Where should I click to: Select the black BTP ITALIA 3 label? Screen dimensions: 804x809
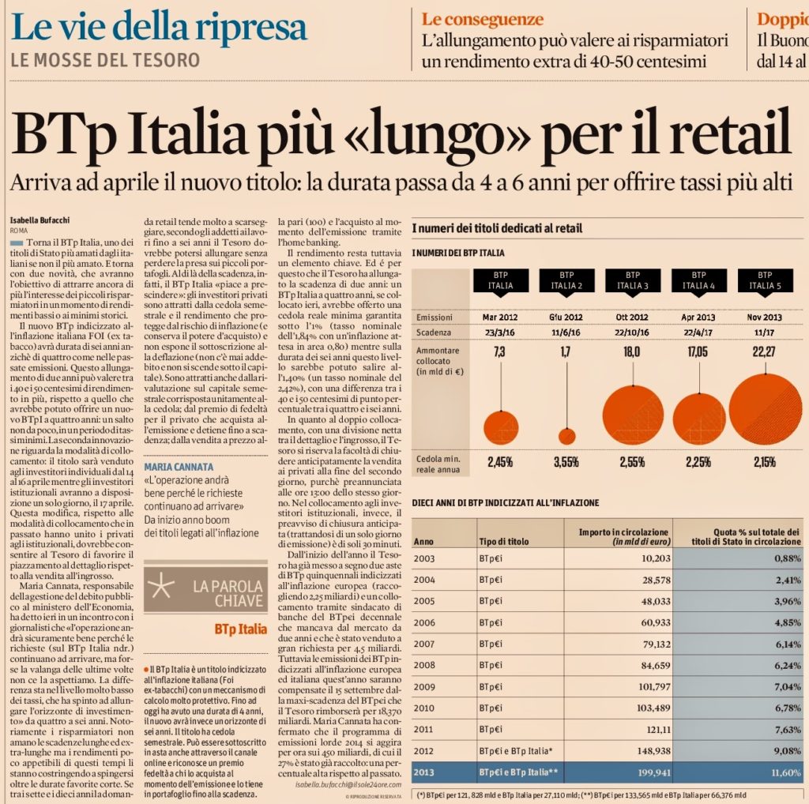(x=632, y=280)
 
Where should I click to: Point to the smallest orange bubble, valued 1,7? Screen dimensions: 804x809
(x=566, y=436)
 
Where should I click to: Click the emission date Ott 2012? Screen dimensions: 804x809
(x=632, y=317)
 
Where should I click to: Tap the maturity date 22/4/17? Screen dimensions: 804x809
(x=698, y=332)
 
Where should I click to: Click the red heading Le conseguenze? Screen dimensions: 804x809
(x=482, y=19)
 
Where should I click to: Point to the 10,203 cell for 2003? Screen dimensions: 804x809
(x=653, y=558)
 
